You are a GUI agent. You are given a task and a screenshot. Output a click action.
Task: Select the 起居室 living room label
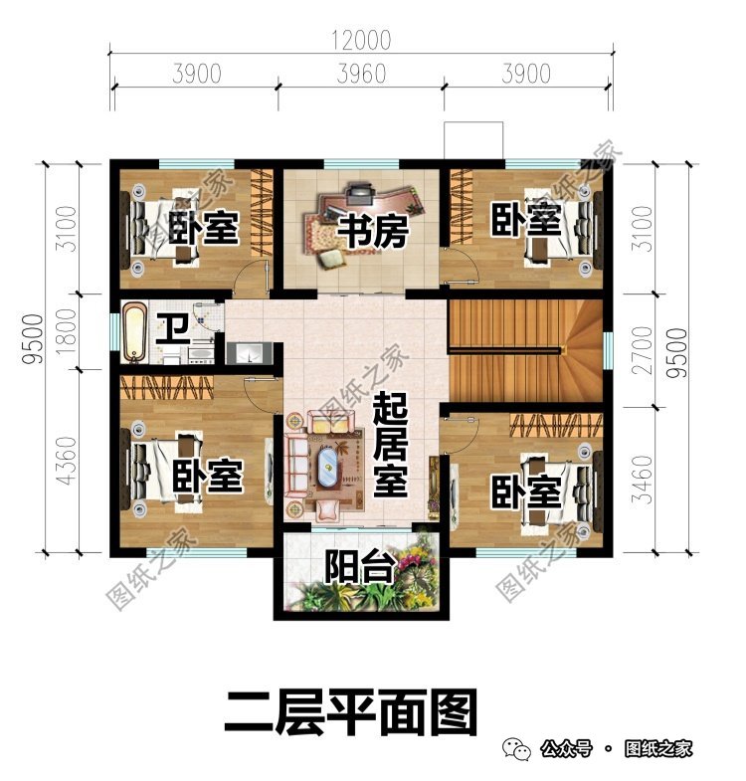coord(391,446)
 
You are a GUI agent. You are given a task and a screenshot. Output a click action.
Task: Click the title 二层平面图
coord(351,710)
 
